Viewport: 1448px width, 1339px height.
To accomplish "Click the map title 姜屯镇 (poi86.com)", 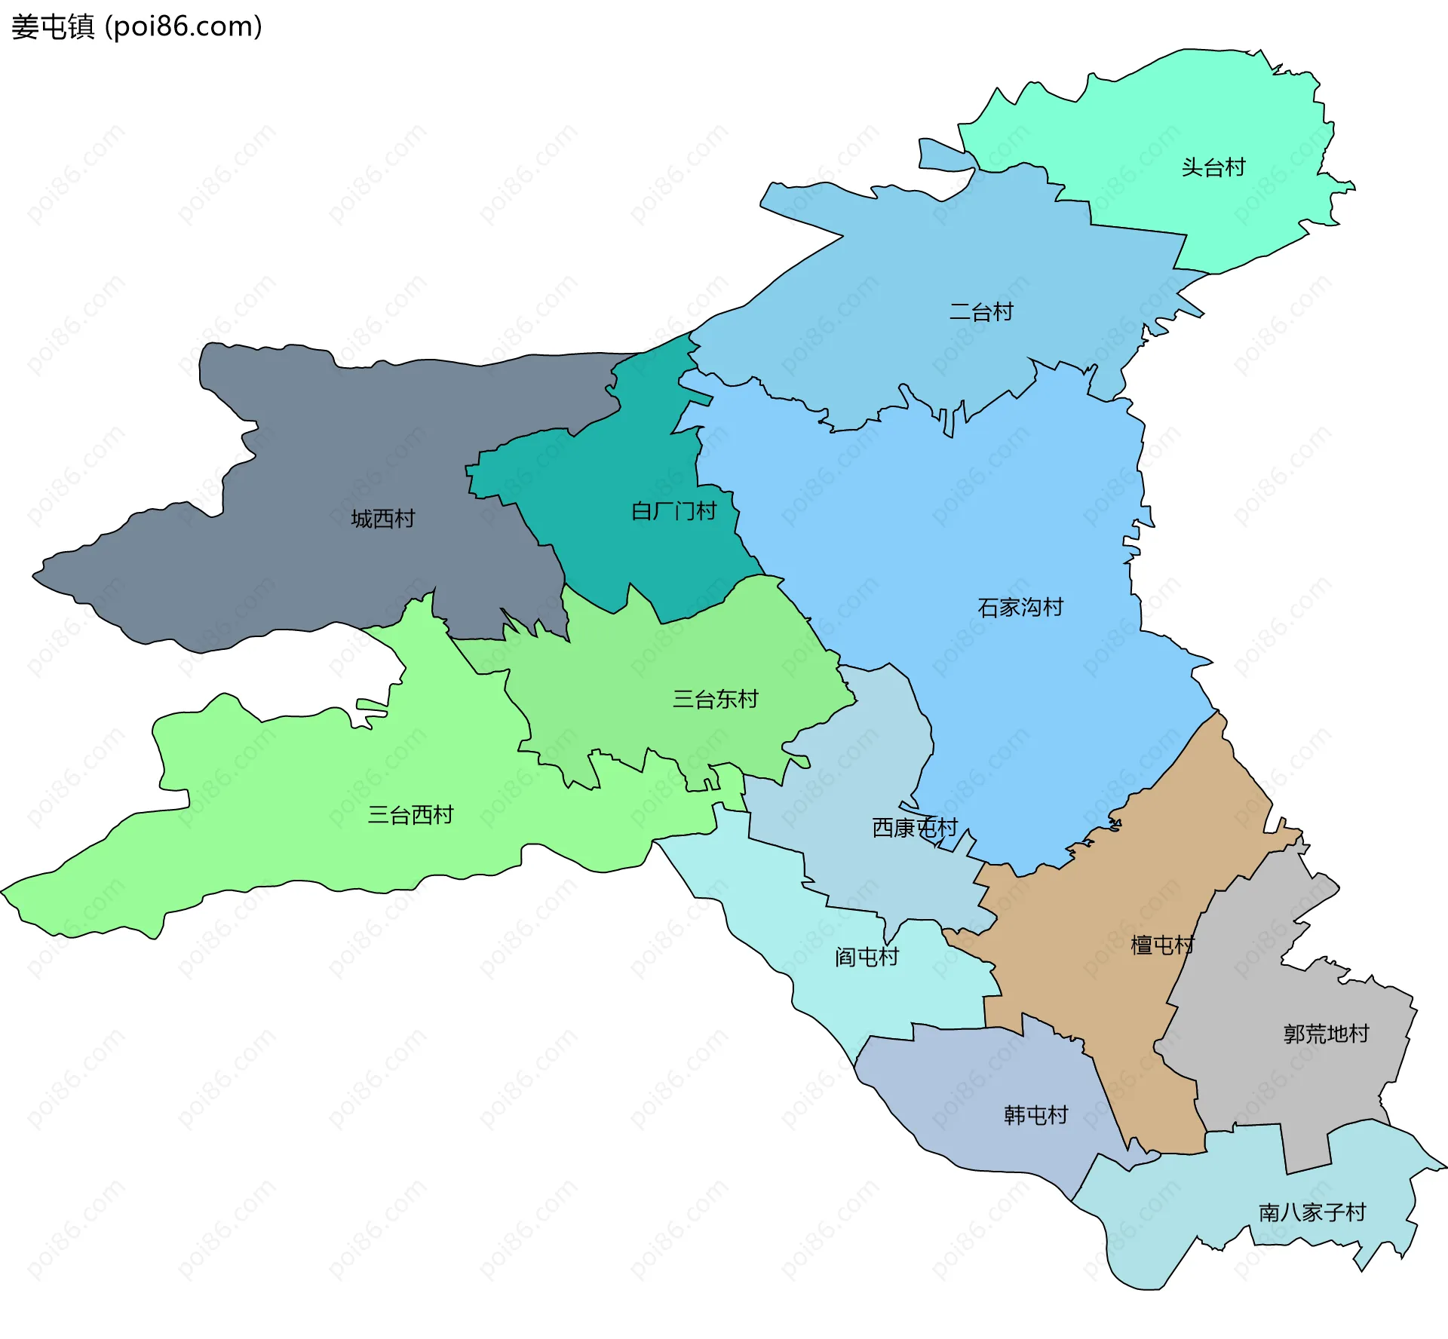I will coord(137,26).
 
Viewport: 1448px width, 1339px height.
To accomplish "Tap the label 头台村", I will coord(1213,167).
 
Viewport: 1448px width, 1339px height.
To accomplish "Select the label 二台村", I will coord(980,311).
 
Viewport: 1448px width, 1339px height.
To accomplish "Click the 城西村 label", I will coord(382,519).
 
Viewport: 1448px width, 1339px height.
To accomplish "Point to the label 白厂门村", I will coord(673,511).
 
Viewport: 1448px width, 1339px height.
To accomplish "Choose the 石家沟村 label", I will coord(1020,607).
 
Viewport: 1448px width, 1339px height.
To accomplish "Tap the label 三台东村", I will coord(715,699).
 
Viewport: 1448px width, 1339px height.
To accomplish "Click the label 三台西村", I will coord(410,814).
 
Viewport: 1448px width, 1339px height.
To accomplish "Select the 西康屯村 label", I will coord(914,828).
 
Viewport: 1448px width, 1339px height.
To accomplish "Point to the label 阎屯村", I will coord(867,957).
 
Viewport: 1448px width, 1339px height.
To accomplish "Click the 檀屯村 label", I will coord(1161,945).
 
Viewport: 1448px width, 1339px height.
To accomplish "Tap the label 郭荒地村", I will coord(1326,1033).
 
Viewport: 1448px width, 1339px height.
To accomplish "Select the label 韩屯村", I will coord(1035,1114).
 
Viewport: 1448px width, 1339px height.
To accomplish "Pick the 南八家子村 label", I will coord(1311,1212).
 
